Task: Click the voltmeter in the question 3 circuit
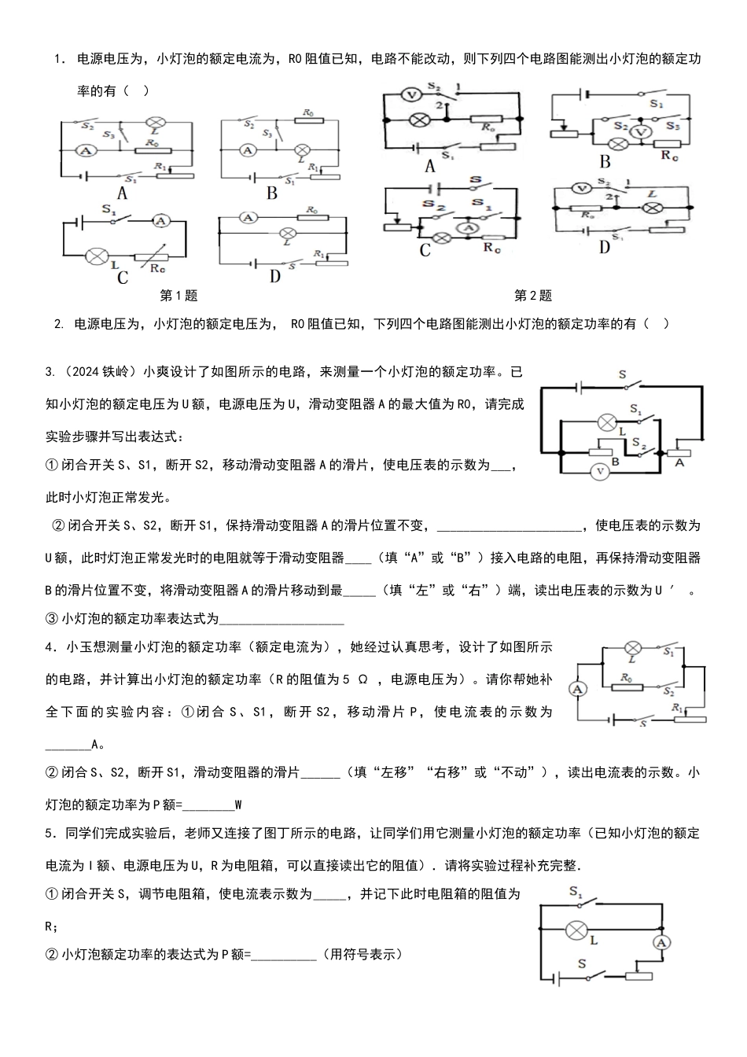600,471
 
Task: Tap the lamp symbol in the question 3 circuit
605,422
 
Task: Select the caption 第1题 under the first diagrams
178,296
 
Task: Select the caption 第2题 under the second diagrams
533,296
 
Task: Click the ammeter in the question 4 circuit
579,688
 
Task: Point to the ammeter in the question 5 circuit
661,942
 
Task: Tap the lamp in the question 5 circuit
576,930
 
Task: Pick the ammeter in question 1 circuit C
161,222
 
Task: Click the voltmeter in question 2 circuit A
410,94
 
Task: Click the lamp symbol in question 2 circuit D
652,208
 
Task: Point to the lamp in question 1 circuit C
97,256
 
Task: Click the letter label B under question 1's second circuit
272,193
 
